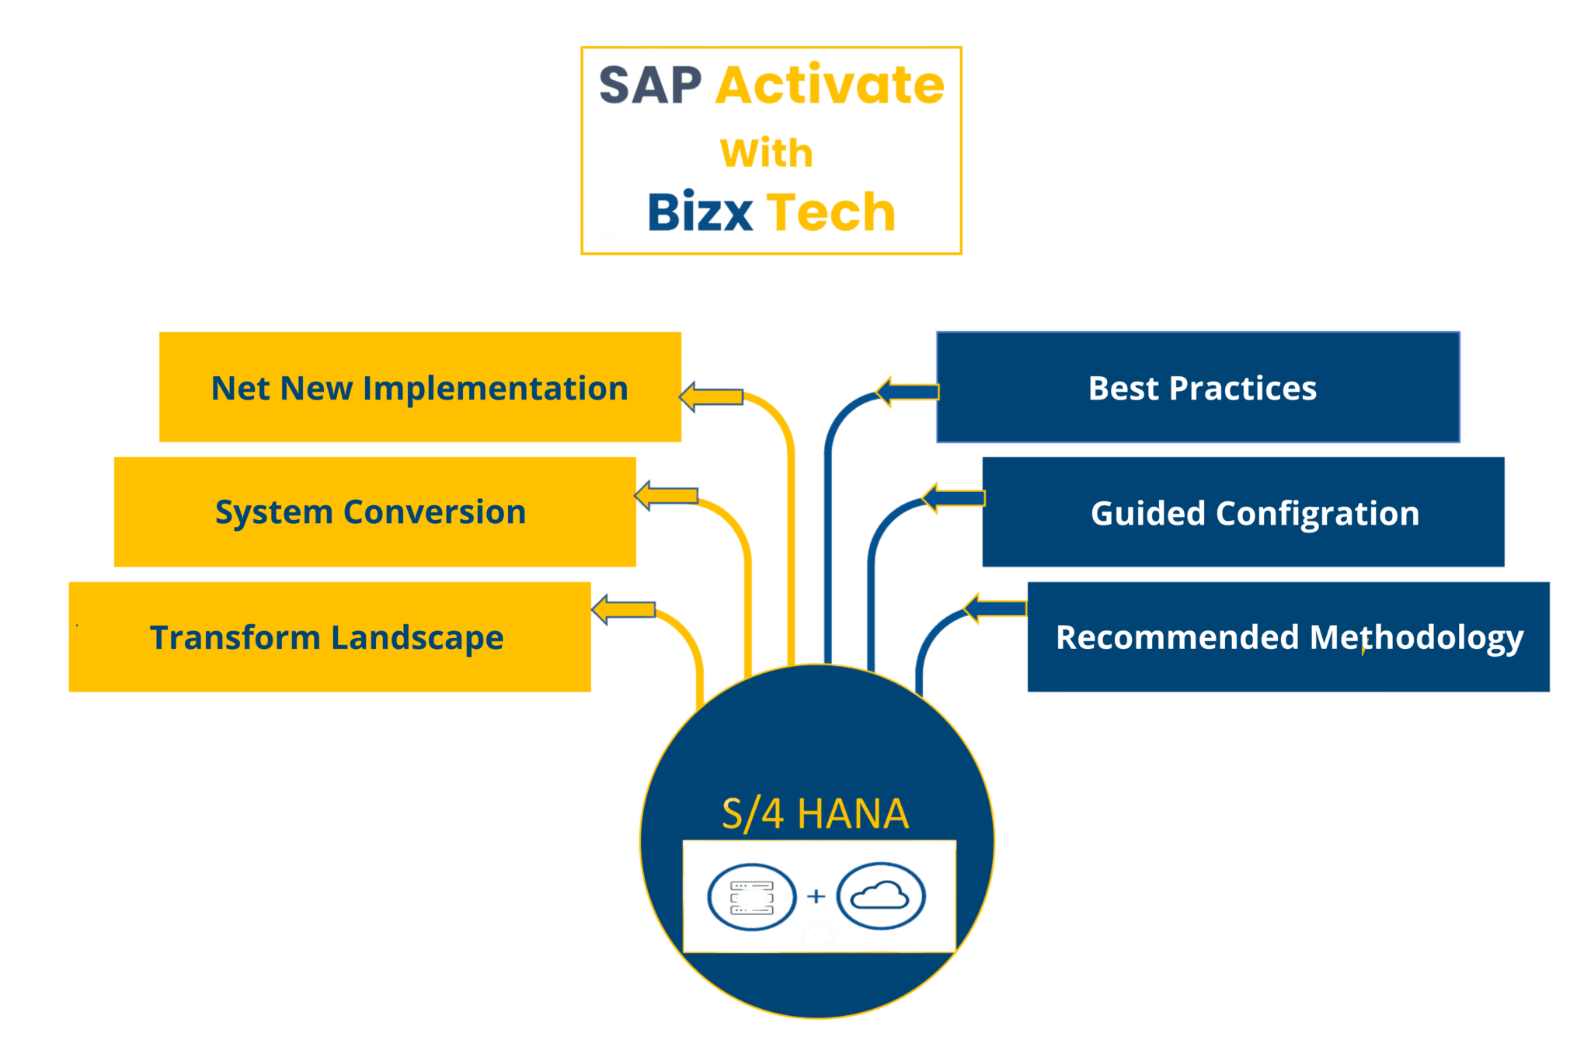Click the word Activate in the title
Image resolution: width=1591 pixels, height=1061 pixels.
829,86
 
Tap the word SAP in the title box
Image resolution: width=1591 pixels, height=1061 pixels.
650,86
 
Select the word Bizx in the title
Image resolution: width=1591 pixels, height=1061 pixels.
700,211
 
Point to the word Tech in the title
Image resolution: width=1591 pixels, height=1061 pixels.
831,211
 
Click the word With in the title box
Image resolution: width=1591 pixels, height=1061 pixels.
766,152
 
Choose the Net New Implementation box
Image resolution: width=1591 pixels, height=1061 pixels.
420,387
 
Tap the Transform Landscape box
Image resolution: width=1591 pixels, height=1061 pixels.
329,637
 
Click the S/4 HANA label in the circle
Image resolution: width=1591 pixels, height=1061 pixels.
815,814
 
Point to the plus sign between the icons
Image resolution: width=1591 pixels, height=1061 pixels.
816,896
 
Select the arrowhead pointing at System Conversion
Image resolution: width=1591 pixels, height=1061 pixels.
645,495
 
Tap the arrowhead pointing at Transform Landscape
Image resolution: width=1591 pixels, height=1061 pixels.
601,609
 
